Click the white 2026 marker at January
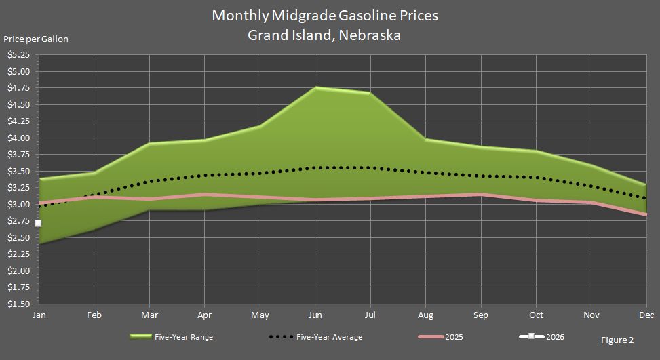tap(38, 223)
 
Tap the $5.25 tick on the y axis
tap(18, 54)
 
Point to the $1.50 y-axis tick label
tap(18, 304)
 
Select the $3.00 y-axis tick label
tap(18, 204)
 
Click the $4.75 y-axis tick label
tap(18, 87)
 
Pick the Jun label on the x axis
tap(315, 315)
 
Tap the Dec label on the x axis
tap(645, 315)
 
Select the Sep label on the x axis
tap(481, 315)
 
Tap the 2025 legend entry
tap(454, 337)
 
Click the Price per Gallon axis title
tap(36, 39)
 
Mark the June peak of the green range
tap(315, 87)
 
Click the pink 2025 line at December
tap(645, 214)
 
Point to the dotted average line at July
tap(370, 167)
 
